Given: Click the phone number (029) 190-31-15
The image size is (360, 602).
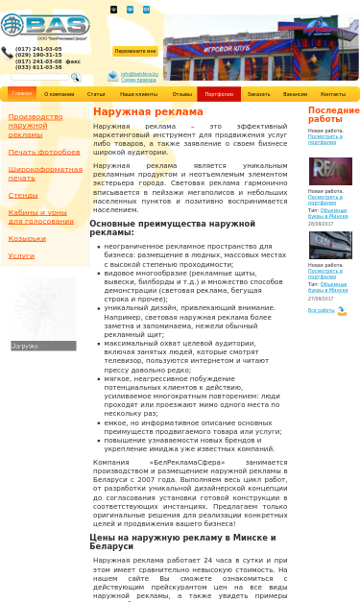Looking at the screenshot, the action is coord(37,55).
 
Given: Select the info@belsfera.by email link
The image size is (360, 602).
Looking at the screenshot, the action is coord(139,74).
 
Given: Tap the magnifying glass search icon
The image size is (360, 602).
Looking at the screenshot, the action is coord(75,78).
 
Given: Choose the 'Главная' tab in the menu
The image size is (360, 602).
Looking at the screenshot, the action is coord(21,94).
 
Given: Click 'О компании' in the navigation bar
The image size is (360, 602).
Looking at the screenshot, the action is coord(59,94).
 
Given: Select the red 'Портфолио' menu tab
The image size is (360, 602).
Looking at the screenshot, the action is coord(219,94).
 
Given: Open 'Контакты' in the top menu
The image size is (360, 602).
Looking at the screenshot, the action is coord(333,94).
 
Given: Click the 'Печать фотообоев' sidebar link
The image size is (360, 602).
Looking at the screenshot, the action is coord(44,152).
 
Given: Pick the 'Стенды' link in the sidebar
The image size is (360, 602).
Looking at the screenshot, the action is coord(23,195).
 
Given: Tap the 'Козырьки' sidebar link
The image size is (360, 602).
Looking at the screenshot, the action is coord(27,238).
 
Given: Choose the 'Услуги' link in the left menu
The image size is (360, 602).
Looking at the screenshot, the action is coord(21,255).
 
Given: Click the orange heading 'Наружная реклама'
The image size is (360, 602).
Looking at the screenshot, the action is coord(134,112).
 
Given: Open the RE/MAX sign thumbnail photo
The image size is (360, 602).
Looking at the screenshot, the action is coord(329,171).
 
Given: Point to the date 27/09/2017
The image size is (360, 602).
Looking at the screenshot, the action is coord(321,299).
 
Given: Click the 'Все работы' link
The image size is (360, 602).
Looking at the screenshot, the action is coord(321,310).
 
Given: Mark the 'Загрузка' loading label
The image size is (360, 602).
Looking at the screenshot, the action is coord(25,346).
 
